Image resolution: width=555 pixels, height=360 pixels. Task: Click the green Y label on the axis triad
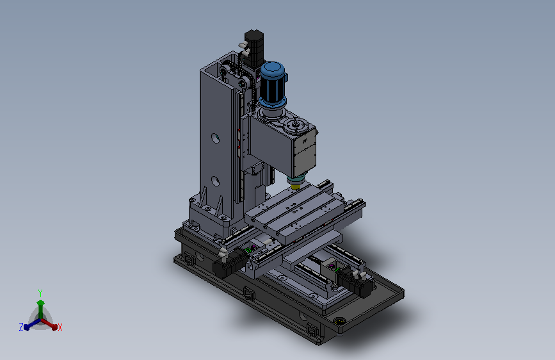tap(40, 293)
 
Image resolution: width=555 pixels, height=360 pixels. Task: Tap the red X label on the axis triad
tap(60, 327)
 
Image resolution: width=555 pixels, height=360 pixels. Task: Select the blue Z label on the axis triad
tap(21, 327)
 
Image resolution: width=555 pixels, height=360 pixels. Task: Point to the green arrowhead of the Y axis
tap(41, 303)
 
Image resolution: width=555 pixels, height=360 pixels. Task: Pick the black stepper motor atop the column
tap(254, 48)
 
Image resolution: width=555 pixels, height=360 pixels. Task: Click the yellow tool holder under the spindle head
tap(296, 187)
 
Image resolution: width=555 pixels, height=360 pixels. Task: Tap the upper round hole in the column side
tap(215, 138)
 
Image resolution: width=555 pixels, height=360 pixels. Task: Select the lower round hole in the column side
tap(215, 181)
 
